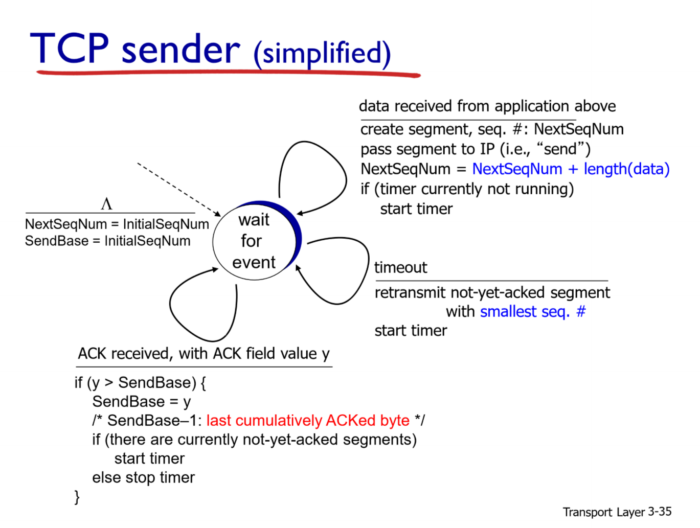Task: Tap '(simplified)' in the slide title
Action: point(322,53)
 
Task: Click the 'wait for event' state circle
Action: point(254,241)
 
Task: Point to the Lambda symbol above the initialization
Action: point(106,204)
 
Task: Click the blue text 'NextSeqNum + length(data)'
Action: point(571,169)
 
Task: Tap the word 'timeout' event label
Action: point(400,267)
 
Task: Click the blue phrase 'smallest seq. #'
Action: point(533,311)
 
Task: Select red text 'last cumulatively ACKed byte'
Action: point(308,420)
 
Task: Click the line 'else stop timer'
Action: point(143,477)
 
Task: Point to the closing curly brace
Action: point(77,496)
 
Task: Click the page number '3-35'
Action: point(660,512)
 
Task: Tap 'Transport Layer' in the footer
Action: point(603,512)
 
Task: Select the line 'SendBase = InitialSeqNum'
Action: point(107,241)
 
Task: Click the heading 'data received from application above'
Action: point(487,106)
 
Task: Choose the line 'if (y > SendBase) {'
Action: point(140,382)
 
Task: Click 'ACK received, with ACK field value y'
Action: point(204,353)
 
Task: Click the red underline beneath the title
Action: point(228,74)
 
